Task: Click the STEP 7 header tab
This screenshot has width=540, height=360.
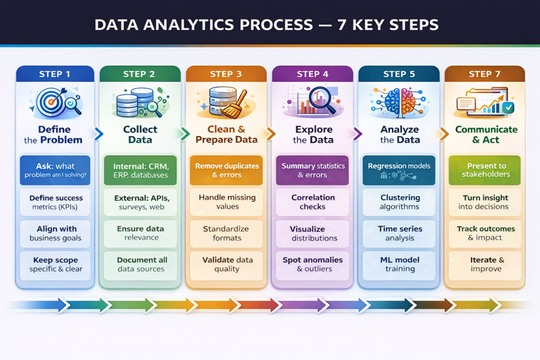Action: pyautogui.click(x=485, y=74)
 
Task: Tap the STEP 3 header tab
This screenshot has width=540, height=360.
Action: pyautogui.click(x=226, y=74)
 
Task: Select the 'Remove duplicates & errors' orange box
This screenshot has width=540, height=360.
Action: pyautogui.click(x=227, y=170)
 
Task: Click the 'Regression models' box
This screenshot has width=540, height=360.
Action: pyautogui.click(x=399, y=170)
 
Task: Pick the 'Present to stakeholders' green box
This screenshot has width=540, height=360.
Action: pyautogui.click(x=485, y=170)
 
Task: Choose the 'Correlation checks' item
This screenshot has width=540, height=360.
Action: pyautogui.click(x=313, y=202)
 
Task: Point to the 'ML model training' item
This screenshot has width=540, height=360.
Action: pyautogui.click(x=399, y=264)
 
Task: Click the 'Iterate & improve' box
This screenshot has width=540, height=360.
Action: pyautogui.click(x=485, y=264)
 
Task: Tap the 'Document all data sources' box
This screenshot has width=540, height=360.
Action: pyautogui.click(x=140, y=264)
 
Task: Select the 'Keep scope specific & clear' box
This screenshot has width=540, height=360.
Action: pyautogui.click(x=55, y=264)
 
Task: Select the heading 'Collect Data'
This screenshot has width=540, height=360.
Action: pyautogui.click(x=140, y=134)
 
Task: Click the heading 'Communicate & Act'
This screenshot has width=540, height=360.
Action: pyautogui.click(x=486, y=134)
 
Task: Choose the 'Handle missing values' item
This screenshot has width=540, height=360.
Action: pyautogui.click(x=227, y=202)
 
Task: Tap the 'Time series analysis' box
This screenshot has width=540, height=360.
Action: pyautogui.click(x=399, y=233)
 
